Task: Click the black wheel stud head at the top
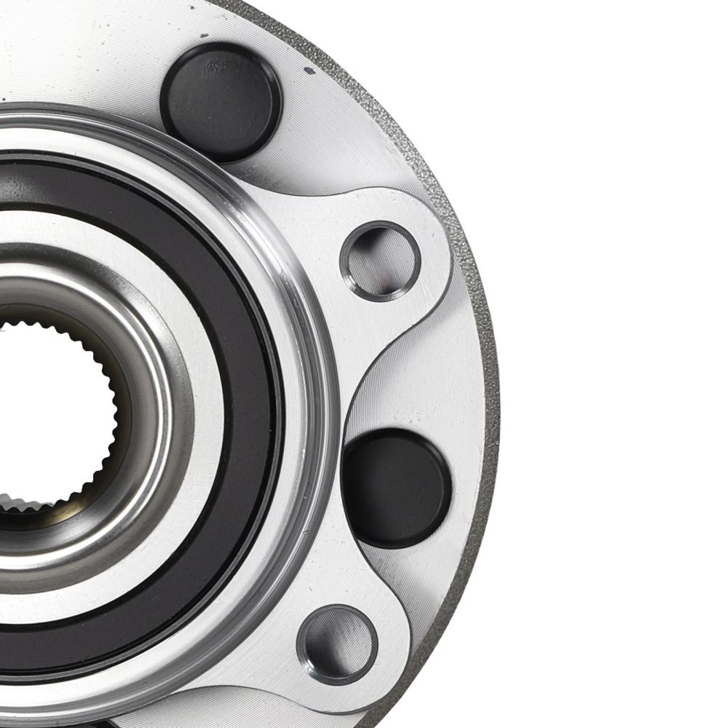point(221,100)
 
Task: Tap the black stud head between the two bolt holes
point(396,486)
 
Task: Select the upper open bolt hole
point(380,260)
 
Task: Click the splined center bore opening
point(44,415)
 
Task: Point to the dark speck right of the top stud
point(309,71)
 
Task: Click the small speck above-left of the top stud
point(202,35)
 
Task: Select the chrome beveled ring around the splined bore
point(146,408)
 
